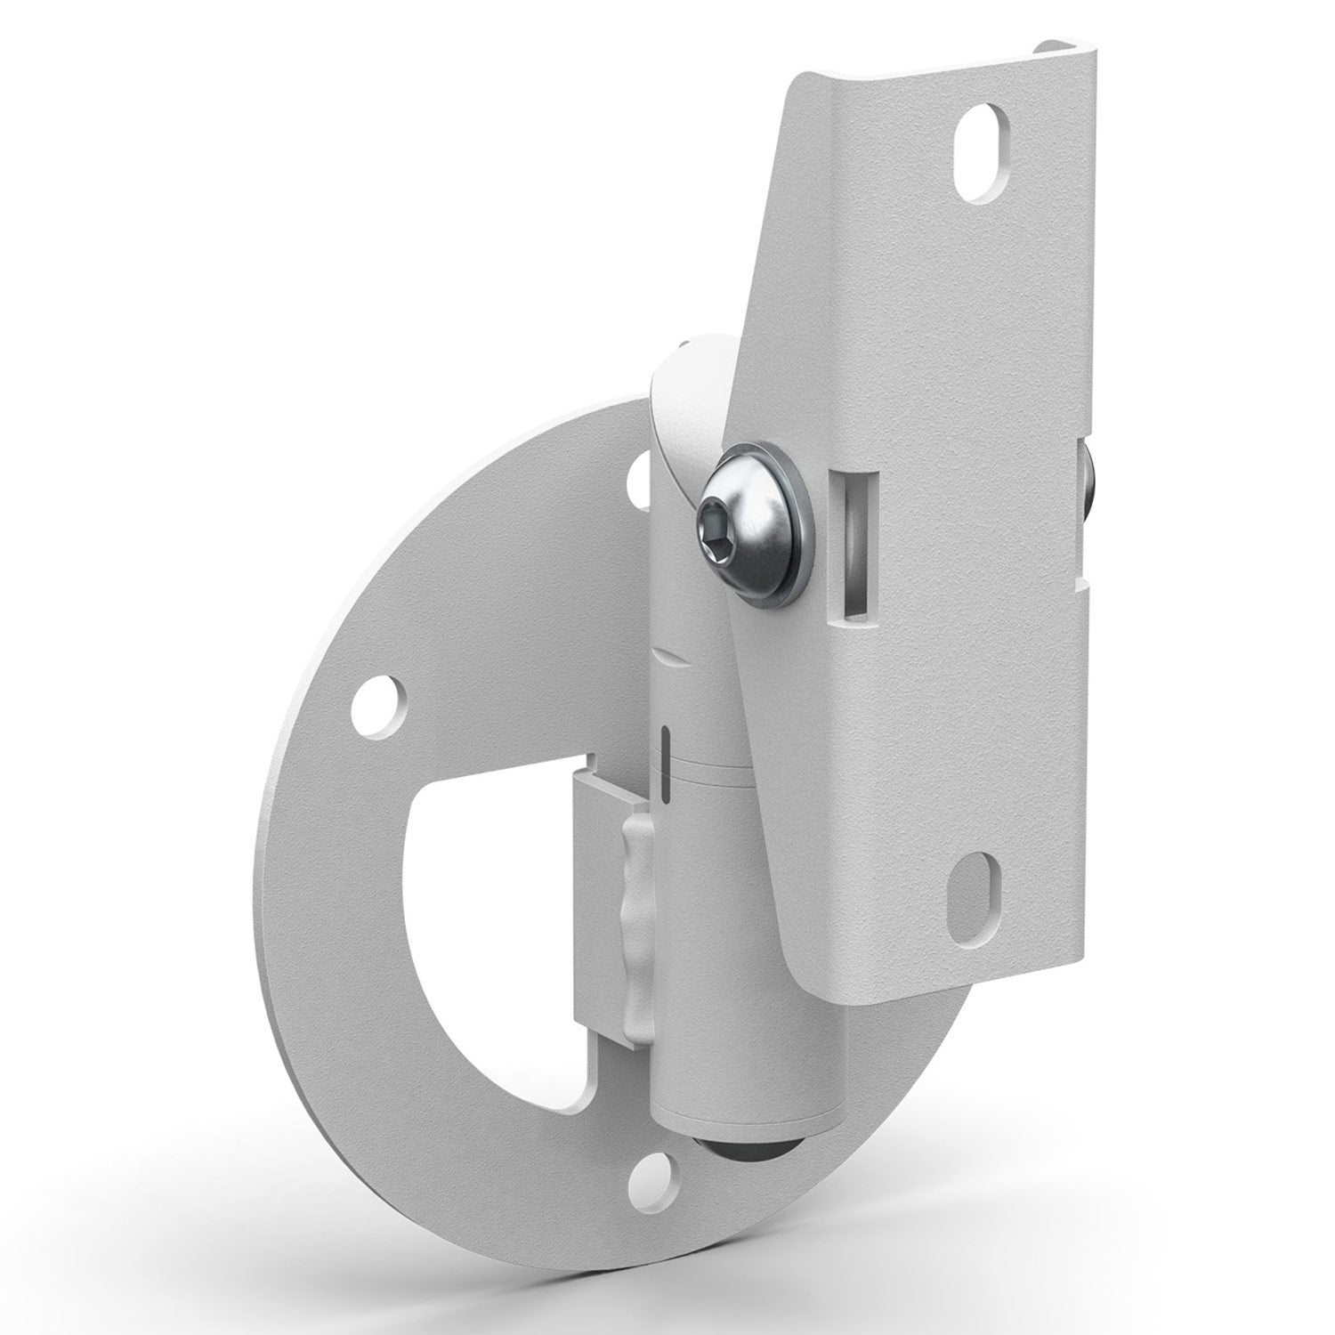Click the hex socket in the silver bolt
(717, 518)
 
